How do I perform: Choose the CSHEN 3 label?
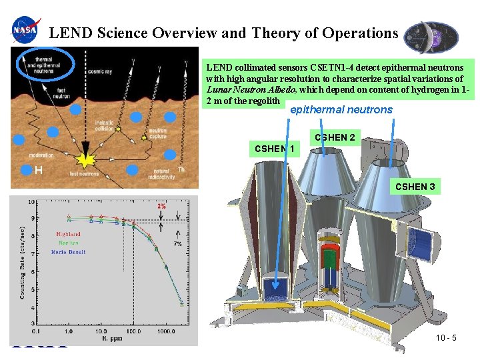pyautogui.click(x=415, y=187)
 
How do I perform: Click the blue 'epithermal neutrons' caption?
pyautogui.click(x=341, y=109)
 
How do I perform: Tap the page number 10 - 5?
pyautogui.click(x=445, y=338)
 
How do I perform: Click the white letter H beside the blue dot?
pyautogui.click(x=39, y=171)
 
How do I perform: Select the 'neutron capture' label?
pyautogui.click(x=157, y=133)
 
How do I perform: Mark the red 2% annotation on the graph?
pyautogui.click(x=161, y=206)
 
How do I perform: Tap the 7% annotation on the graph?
pyautogui.click(x=177, y=243)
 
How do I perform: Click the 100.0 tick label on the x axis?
pyautogui.click(x=133, y=331)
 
